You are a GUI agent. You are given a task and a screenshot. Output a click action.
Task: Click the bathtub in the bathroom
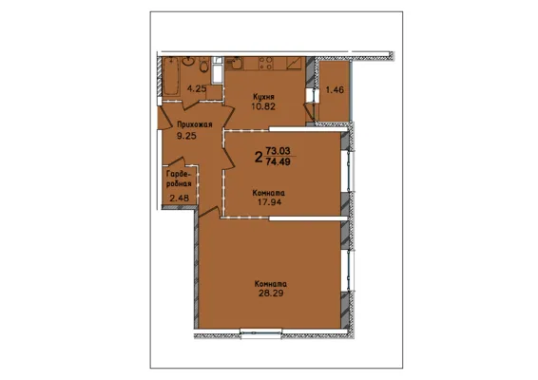tap(171, 76)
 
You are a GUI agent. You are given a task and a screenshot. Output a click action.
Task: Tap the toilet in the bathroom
tap(203, 65)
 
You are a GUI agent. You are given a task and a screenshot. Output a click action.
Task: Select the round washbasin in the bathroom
tap(188, 62)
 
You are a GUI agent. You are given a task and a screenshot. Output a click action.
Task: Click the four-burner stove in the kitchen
tap(266, 63)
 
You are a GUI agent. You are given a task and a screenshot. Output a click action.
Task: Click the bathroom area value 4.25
tap(197, 89)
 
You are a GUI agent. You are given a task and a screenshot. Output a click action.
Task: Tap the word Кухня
tap(263, 96)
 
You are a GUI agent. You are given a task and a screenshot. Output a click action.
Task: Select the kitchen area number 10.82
tap(263, 106)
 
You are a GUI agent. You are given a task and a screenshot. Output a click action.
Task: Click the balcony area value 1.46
tap(335, 90)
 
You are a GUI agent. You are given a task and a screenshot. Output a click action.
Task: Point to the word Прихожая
tap(195, 124)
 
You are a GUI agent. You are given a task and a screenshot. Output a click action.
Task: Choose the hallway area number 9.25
tap(186, 136)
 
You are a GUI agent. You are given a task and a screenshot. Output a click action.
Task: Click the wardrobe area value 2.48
tap(180, 198)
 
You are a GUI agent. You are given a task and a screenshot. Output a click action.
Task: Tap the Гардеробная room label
tap(179, 179)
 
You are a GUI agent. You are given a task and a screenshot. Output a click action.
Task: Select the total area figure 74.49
tap(278, 161)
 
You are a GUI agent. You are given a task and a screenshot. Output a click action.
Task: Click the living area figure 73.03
tap(278, 151)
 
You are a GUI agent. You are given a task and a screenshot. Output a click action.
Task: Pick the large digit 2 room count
tap(259, 158)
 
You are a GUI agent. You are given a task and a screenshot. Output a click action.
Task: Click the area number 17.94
tap(270, 202)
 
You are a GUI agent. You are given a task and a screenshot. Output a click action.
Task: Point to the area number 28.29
tap(271, 294)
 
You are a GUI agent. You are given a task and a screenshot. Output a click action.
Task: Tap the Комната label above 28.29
tap(271, 284)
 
